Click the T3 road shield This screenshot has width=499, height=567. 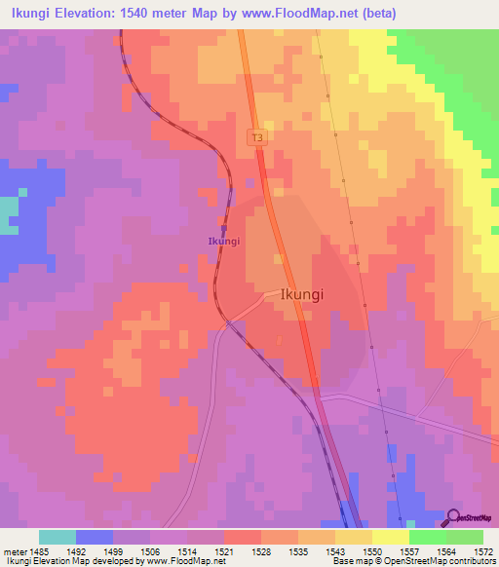[x=257, y=138]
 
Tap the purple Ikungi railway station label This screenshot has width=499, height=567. [x=223, y=241]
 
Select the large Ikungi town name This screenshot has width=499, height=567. [x=302, y=293]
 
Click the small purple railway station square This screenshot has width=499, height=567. [x=223, y=229]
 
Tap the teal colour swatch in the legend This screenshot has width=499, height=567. [x=58, y=536]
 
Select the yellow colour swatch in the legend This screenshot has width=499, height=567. [x=391, y=536]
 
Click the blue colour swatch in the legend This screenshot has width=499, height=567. [x=95, y=536]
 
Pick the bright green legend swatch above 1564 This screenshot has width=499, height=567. [x=428, y=536]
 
